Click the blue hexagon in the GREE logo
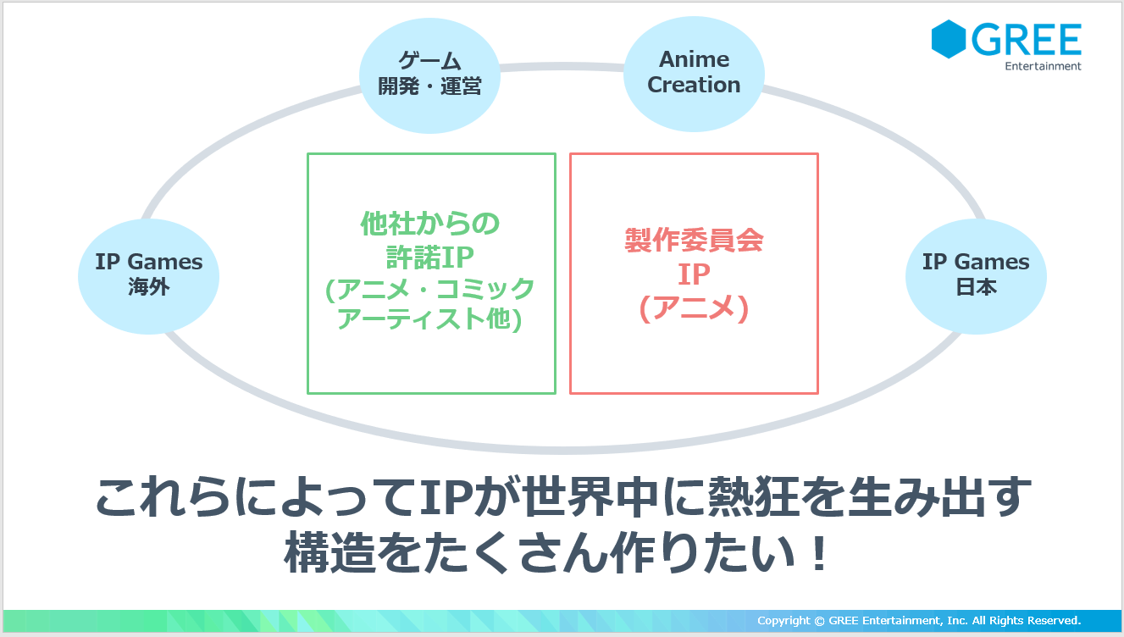(x=949, y=39)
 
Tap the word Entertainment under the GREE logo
(x=1043, y=66)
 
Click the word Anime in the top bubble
(x=694, y=59)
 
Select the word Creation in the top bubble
(x=694, y=85)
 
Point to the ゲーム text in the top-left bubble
(x=429, y=61)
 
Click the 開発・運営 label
(x=429, y=86)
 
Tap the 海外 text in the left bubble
(x=148, y=286)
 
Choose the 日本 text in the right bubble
(x=976, y=286)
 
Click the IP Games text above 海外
(x=148, y=262)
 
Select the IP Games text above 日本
(x=976, y=262)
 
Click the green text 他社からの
(x=430, y=224)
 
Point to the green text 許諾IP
(x=430, y=257)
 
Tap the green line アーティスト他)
(x=429, y=318)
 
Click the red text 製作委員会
(x=694, y=240)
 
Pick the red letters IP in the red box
(x=694, y=274)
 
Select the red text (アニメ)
(x=694, y=307)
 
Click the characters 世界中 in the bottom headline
(x=590, y=497)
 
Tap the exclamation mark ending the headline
(x=819, y=552)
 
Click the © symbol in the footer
(x=819, y=621)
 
